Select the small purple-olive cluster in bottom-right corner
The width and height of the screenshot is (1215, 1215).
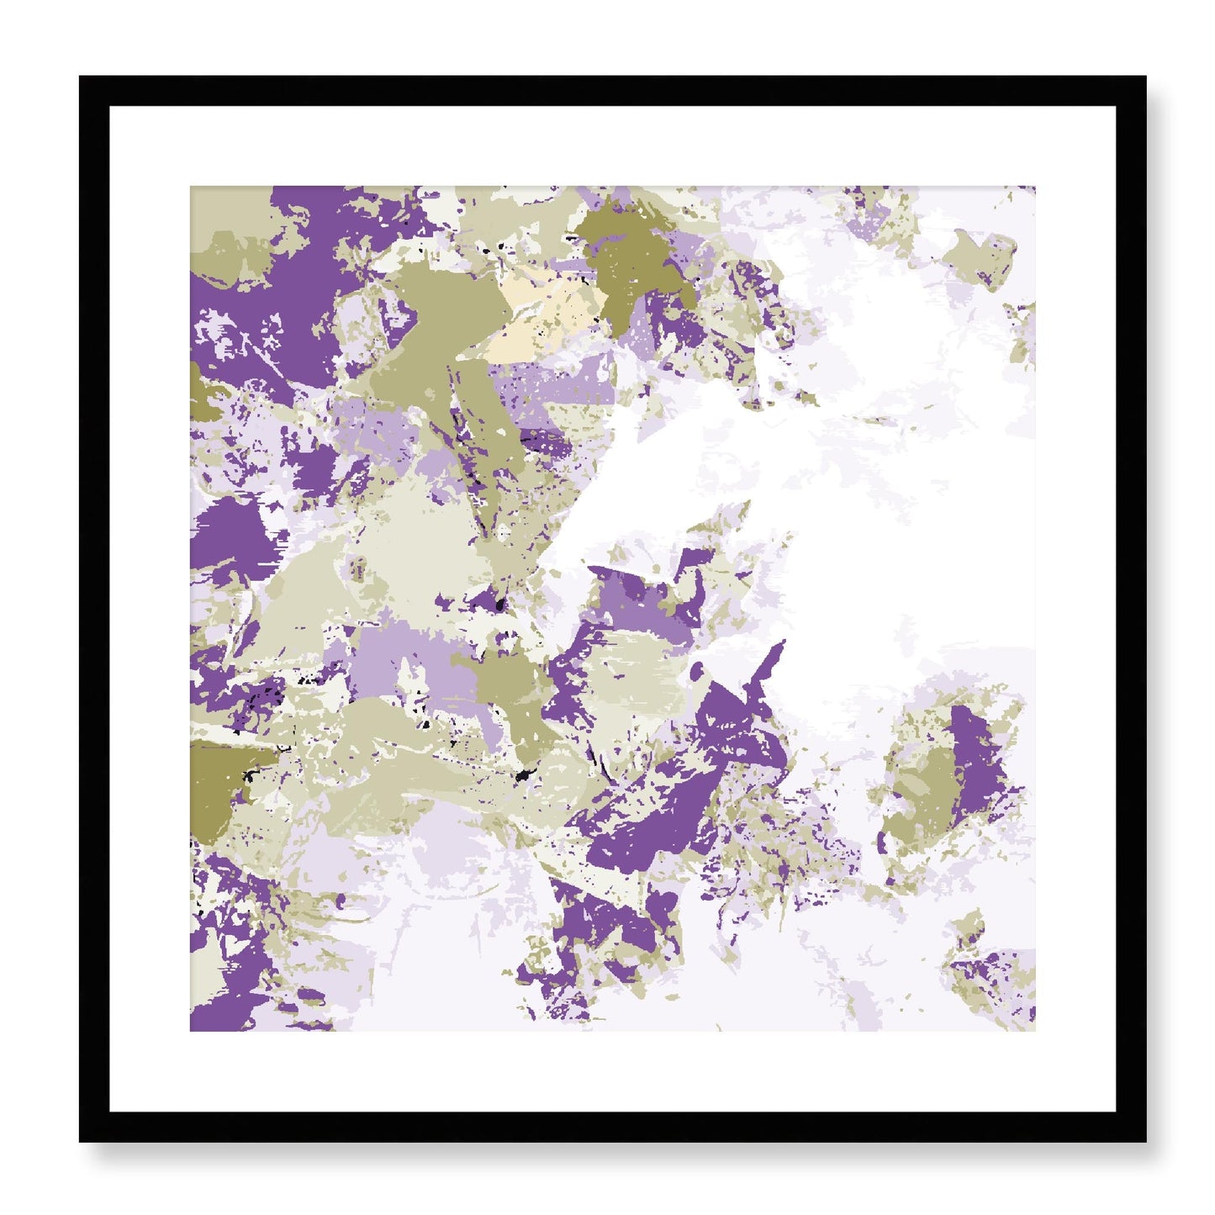(x=992, y=975)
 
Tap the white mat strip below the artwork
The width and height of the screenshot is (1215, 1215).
(x=612, y=1072)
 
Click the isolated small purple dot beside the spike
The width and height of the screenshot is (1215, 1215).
(x=697, y=671)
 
